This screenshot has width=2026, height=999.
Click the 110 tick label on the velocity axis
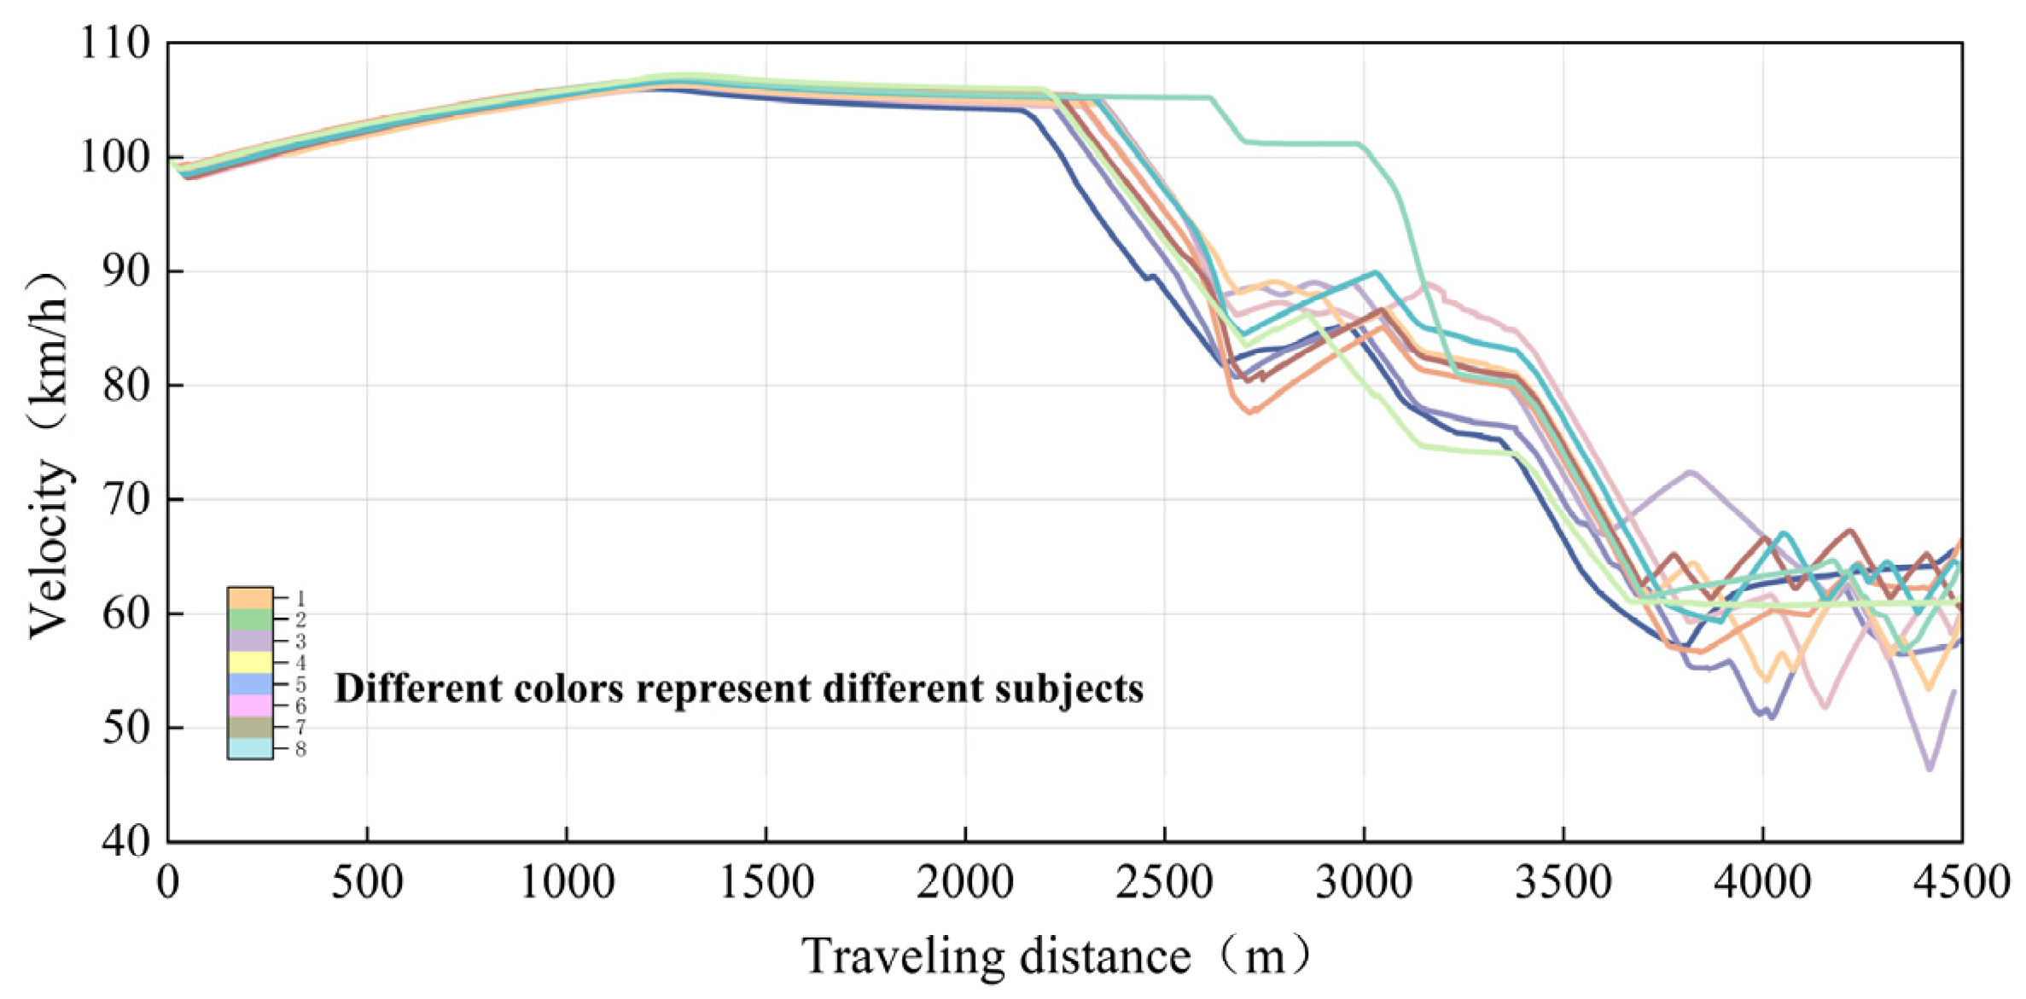(x=114, y=43)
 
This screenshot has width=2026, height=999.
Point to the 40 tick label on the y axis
(x=126, y=841)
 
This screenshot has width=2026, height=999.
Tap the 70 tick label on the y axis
(x=126, y=499)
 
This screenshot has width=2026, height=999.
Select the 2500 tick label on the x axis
(x=1164, y=882)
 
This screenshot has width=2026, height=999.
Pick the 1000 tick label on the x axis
(x=567, y=882)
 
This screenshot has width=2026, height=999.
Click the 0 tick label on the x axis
(x=169, y=882)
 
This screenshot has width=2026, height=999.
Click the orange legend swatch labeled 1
(x=250, y=598)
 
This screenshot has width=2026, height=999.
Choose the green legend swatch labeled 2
(x=250, y=619)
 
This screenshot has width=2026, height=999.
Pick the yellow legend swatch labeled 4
(x=250, y=662)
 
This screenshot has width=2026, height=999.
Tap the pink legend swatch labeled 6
(x=250, y=706)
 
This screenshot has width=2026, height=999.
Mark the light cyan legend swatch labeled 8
(x=250, y=748)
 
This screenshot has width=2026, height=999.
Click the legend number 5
(x=300, y=684)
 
